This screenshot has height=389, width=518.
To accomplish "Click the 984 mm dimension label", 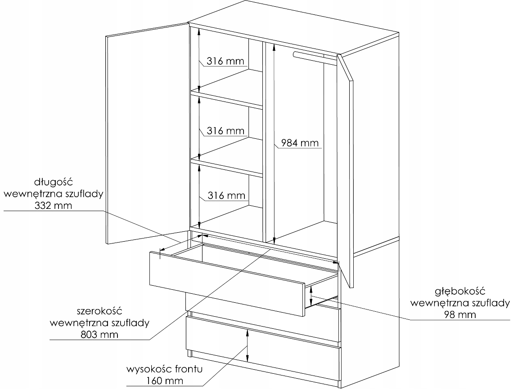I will coord(300,143).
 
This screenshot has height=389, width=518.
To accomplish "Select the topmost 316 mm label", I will coord(225,61).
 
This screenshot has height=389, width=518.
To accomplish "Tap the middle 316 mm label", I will coord(225,131).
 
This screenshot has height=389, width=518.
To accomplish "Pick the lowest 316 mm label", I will coord(226,195).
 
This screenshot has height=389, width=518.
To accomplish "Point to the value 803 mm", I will coord(99,334).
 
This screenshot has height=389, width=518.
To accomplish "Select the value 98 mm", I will coord(460,314).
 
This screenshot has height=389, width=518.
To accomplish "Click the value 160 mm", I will coord(165,381).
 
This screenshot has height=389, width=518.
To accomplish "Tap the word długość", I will coord(54,182).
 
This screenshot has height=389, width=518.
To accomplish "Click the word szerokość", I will coord(99,311).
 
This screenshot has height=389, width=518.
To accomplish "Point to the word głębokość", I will coord(460,291).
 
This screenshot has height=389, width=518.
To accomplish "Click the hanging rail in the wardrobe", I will coord(314,57).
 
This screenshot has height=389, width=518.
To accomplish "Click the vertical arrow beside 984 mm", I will coord(273,144).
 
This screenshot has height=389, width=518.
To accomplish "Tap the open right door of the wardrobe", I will coord(347,171).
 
